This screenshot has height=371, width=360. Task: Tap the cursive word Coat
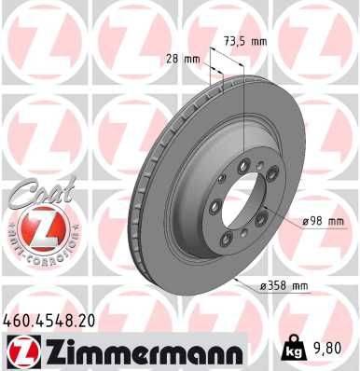point(34,193)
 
